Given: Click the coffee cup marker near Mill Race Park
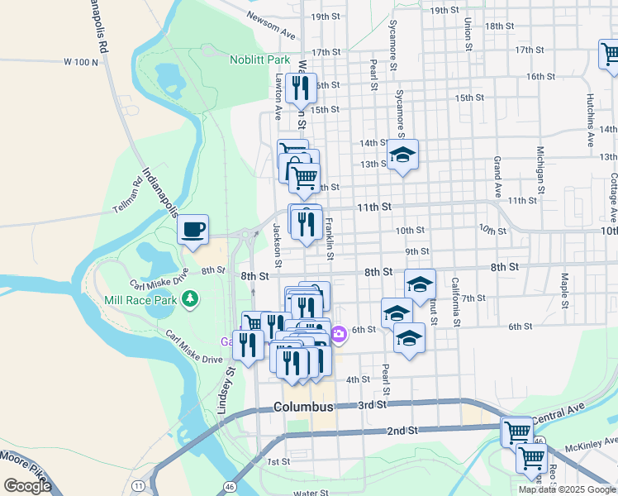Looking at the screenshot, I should (x=193, y=228).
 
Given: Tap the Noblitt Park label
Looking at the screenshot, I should (x=259, y=60).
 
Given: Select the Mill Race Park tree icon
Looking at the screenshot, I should (x=191, y=298).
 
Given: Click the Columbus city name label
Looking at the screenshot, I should (x=303, y=407).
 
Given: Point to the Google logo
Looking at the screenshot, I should (x=27, y=486).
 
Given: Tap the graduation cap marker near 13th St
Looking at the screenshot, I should (x=402, y=155).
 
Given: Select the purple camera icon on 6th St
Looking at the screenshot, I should (x=339, y=334).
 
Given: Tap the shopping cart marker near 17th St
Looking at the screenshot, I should (x=610, y=55).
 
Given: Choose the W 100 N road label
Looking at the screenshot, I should (x=80, y=62).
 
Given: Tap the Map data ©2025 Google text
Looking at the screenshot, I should (x=568, y=489).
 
